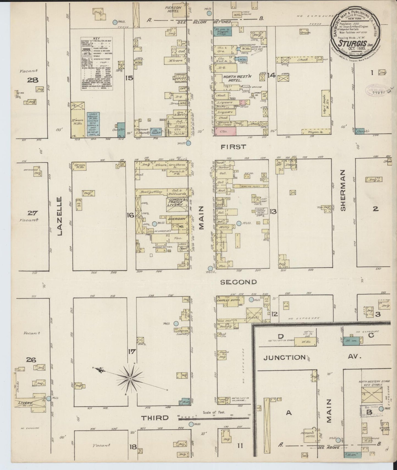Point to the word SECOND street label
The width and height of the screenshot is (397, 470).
tap(239, 282)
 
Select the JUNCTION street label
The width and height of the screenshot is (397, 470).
tap(284, 357)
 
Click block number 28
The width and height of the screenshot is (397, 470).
tap(33, 80)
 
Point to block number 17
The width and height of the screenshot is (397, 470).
tap(132, 351)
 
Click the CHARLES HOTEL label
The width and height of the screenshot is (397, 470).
tap(229, 300)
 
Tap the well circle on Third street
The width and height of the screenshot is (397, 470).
tap(191, 432)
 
